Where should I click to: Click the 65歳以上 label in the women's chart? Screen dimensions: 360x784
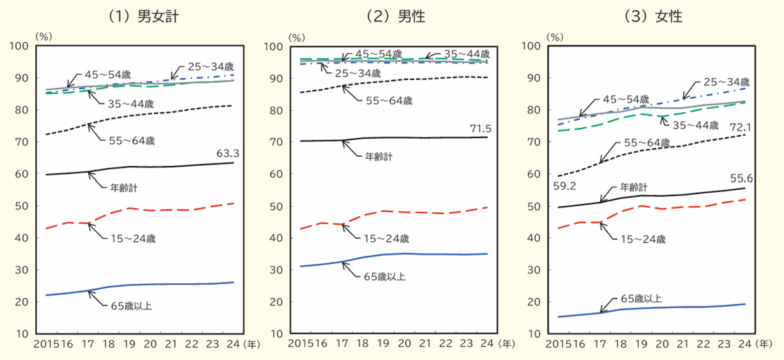point(640,299)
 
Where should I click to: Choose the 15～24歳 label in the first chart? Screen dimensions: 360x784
point(133,238)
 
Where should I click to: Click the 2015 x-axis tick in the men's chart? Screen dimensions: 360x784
point(299,343)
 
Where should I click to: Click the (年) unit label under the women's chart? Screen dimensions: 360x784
point(765,343)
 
